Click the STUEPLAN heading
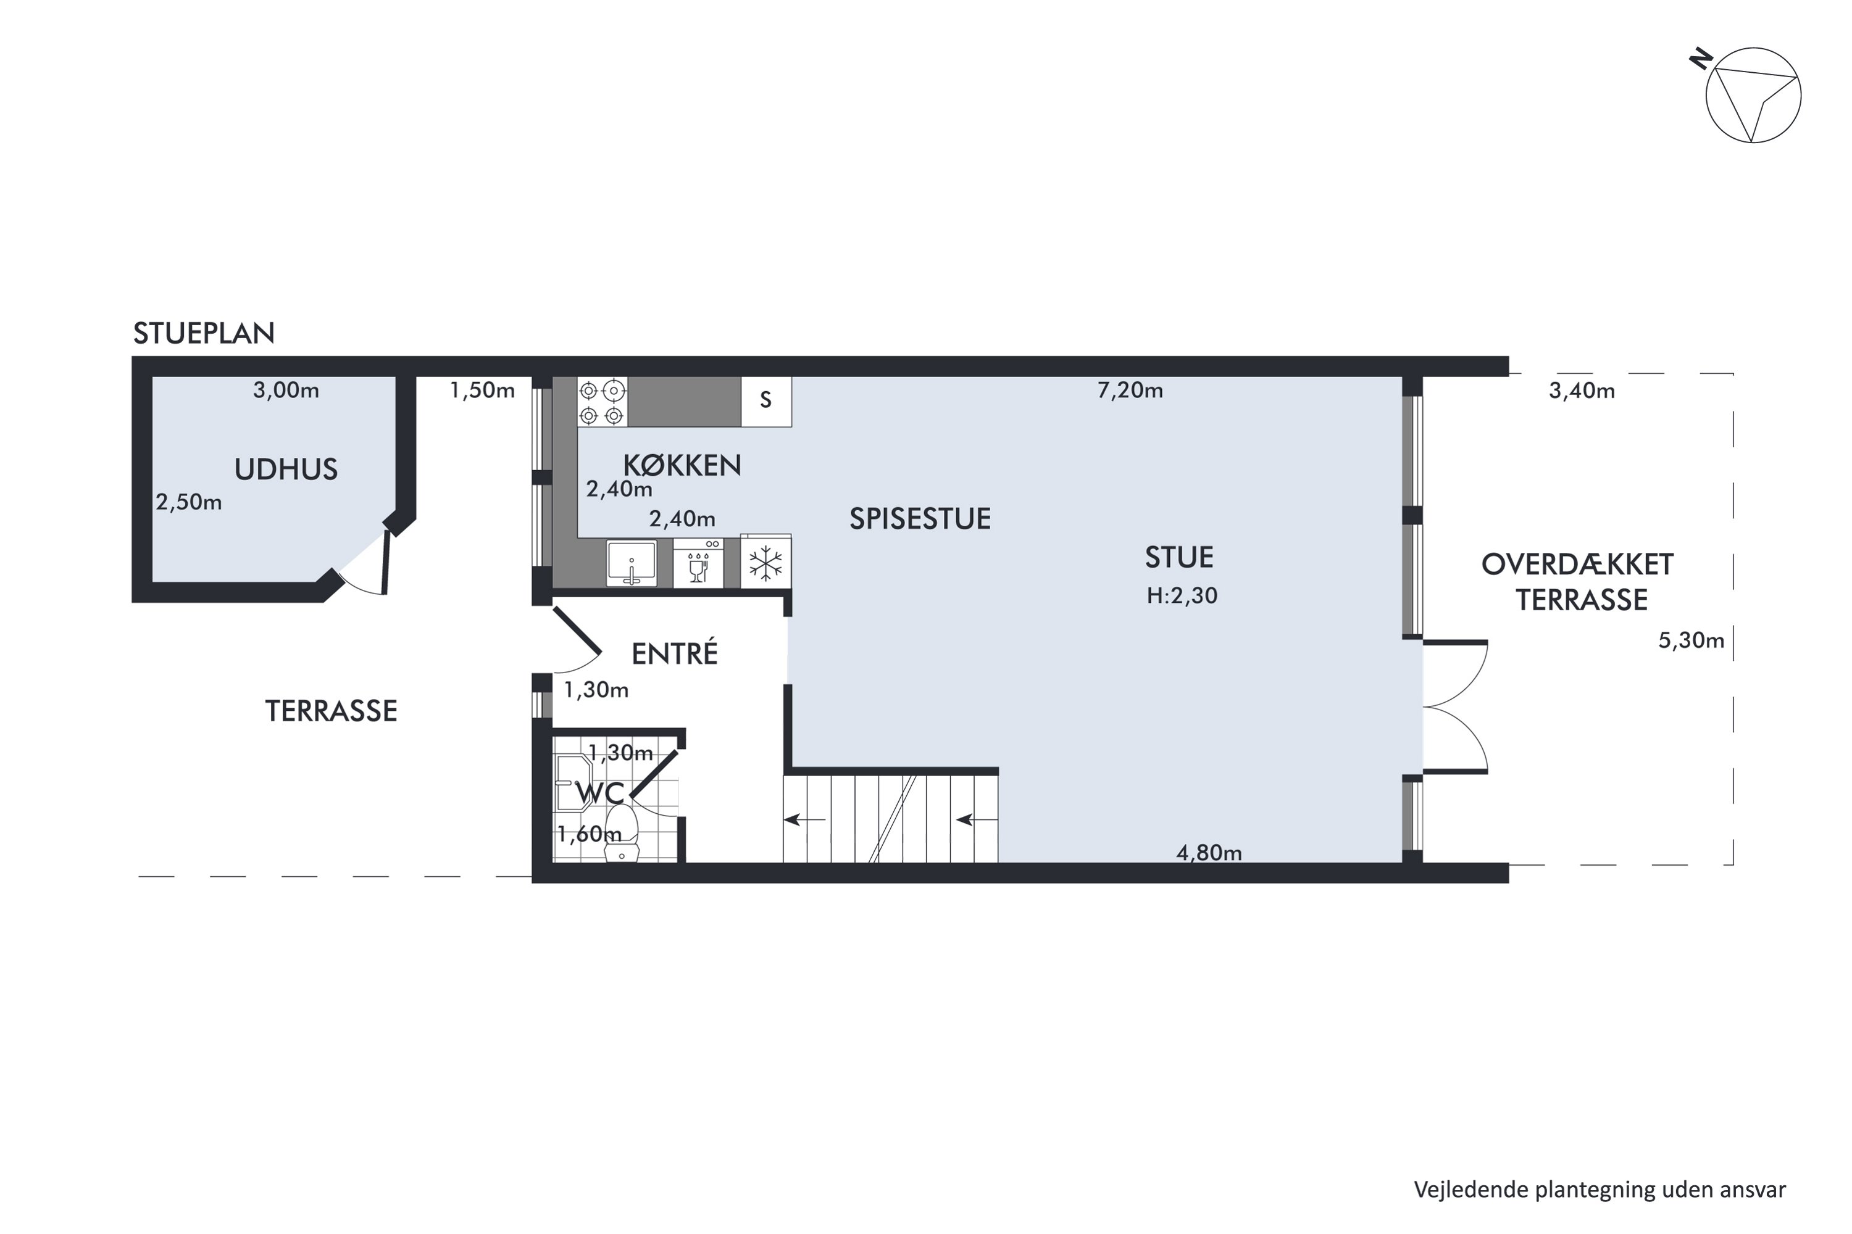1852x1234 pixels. click(x=204, y=334)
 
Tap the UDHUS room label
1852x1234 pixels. click(x=286, y=470)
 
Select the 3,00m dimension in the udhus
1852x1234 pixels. click(x=286, y=391)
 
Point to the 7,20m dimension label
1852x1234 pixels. click(x=1130, y=391)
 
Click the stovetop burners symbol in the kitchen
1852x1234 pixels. click(x=603, y=402)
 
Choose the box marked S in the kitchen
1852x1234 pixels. click(x=766, y=402)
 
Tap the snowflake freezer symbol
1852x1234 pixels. click(x=766, y=563)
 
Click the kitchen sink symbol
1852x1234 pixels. click(x=632, y=563)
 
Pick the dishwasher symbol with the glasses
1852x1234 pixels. click(x=698, y=563)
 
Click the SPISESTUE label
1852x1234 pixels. click(x=920, y=520)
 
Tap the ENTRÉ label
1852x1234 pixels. click(x=675, y=653)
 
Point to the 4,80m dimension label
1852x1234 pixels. click(x=1209, y=853)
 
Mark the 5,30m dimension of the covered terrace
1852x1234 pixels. click(x=1691, y=640)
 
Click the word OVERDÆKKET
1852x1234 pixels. click(x=1577, y=565)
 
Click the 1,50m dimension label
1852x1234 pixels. click(x=482, y=391)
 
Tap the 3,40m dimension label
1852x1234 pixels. click(x=1582, y=391)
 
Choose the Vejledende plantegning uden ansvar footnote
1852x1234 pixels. click(x=1600, y=1190)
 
